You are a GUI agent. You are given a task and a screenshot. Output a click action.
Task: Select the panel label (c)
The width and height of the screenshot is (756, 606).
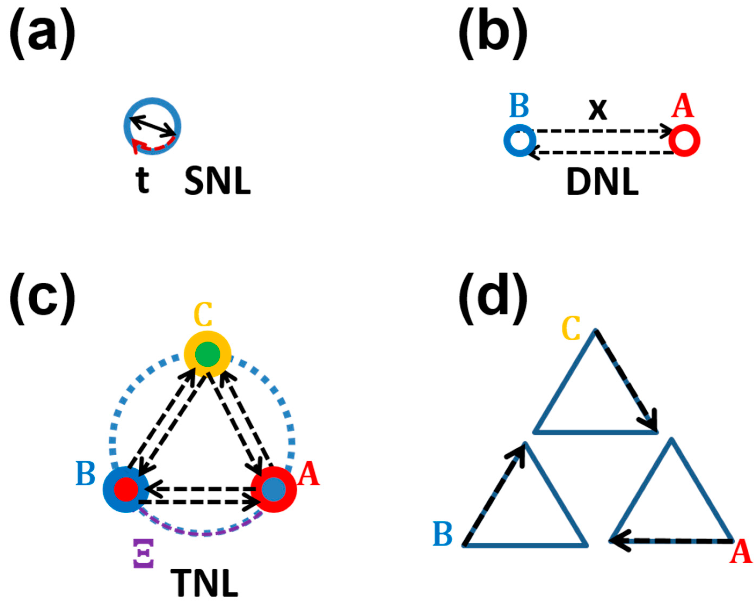pos(42,299)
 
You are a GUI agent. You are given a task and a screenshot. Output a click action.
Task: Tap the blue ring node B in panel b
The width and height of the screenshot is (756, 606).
pos(520,140)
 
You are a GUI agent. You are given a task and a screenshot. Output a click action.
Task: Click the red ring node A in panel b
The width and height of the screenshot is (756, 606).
pos(684,140)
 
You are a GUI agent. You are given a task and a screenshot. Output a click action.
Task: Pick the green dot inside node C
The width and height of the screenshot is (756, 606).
pos(207,354)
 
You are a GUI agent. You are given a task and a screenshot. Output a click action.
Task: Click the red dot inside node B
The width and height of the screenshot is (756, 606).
pos(126,489)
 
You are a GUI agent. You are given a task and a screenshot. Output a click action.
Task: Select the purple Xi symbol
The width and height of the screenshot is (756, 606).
pos(143,553)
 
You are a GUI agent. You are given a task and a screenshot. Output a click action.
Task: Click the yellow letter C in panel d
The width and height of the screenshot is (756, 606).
pos(571,328)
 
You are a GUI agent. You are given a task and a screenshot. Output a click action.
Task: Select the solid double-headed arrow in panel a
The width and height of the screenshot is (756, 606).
pos(153,126)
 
